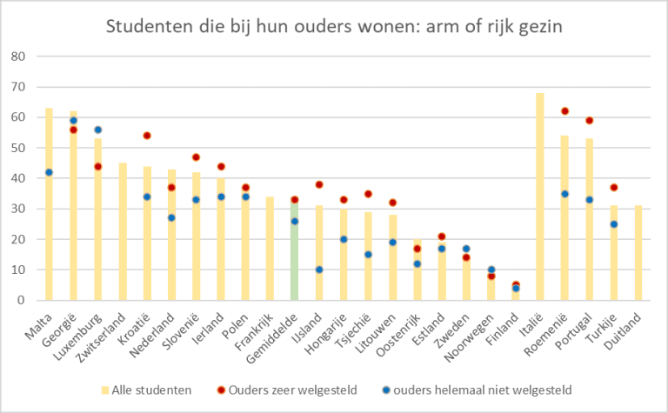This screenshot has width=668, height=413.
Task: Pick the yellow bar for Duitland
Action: pos(638,253)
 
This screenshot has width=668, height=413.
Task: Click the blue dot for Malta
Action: pos(49,172)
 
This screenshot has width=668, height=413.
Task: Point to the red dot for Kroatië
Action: pos(147,136)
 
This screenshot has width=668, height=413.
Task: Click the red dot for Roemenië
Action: pos(564,111)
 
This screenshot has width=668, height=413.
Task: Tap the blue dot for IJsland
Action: pos(319,270)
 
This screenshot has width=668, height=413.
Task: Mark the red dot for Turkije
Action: pos(614,188)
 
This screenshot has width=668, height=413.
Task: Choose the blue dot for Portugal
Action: pos(589,200)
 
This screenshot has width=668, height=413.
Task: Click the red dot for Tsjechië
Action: pos(368,194)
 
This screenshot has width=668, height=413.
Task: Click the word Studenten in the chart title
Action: pos(147,25)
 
